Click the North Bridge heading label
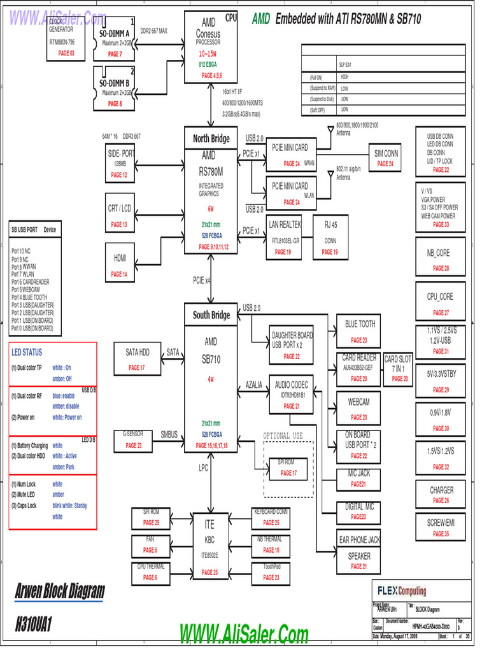[211, 138]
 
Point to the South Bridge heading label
[211, 315]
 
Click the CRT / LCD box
[120, 215]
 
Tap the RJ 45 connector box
[330, 237]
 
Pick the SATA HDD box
[137, 358]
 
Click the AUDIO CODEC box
[291, 394]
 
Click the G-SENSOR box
[134, 439]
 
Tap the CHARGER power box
[441, 495]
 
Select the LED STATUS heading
[27, 352]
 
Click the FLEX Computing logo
[402, 591]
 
